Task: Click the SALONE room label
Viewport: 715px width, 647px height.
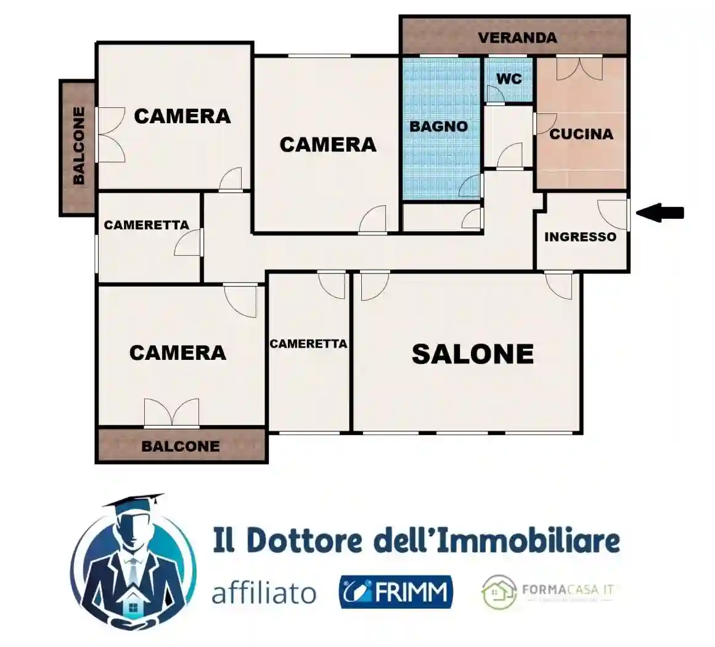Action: (472, 354)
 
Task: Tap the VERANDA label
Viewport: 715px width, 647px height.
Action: (517, 38)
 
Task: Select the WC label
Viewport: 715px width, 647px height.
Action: (509, 79)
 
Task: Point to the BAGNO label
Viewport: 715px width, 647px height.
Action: (439, 126)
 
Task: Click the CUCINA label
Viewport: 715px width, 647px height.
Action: (581, 134)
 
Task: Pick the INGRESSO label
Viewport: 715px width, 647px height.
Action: (580, 237)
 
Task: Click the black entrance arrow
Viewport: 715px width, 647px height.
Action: (660, 213)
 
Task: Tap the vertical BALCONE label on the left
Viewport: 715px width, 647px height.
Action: (79, 146)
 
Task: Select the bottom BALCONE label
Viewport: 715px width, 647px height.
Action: (180, 446)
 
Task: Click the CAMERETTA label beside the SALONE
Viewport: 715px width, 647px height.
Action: (308, 344)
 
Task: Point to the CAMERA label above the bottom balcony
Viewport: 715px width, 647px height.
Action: (178, 352)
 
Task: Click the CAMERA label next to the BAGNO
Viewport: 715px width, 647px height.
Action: (327, 144)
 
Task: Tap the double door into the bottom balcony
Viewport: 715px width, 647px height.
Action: (171, 413)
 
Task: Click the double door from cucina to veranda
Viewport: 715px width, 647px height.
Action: (579, 67)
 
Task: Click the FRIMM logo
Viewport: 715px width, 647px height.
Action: (396, 592)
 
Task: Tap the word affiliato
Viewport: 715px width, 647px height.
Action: (264, 593)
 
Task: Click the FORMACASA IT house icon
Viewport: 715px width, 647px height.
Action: (499, 592)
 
